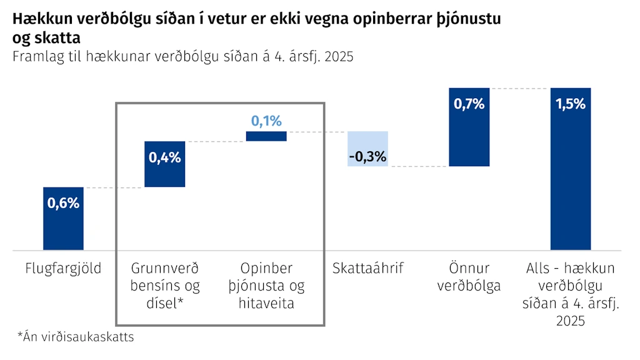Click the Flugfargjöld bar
click(63, 218)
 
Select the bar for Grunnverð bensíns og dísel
click(165, 164)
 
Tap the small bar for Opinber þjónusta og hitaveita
click(266, 136)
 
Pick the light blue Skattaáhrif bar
click(367, 149)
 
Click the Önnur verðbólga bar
click(469, 127)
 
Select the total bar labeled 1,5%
click(571, 169)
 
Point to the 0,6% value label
click(63, 203)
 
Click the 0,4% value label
click(165, 157)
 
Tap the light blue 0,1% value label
click(266, 121)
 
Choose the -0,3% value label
click(367, 156)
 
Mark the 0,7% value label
click(469, 104)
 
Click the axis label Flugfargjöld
click(63, 269)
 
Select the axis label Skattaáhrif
click(367, 268)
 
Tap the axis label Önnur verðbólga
click(469, 277)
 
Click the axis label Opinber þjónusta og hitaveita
click(266, 286)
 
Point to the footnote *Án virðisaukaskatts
click(76, 337)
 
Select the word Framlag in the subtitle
click(38, 56)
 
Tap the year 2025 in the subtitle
click(339, 56)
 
